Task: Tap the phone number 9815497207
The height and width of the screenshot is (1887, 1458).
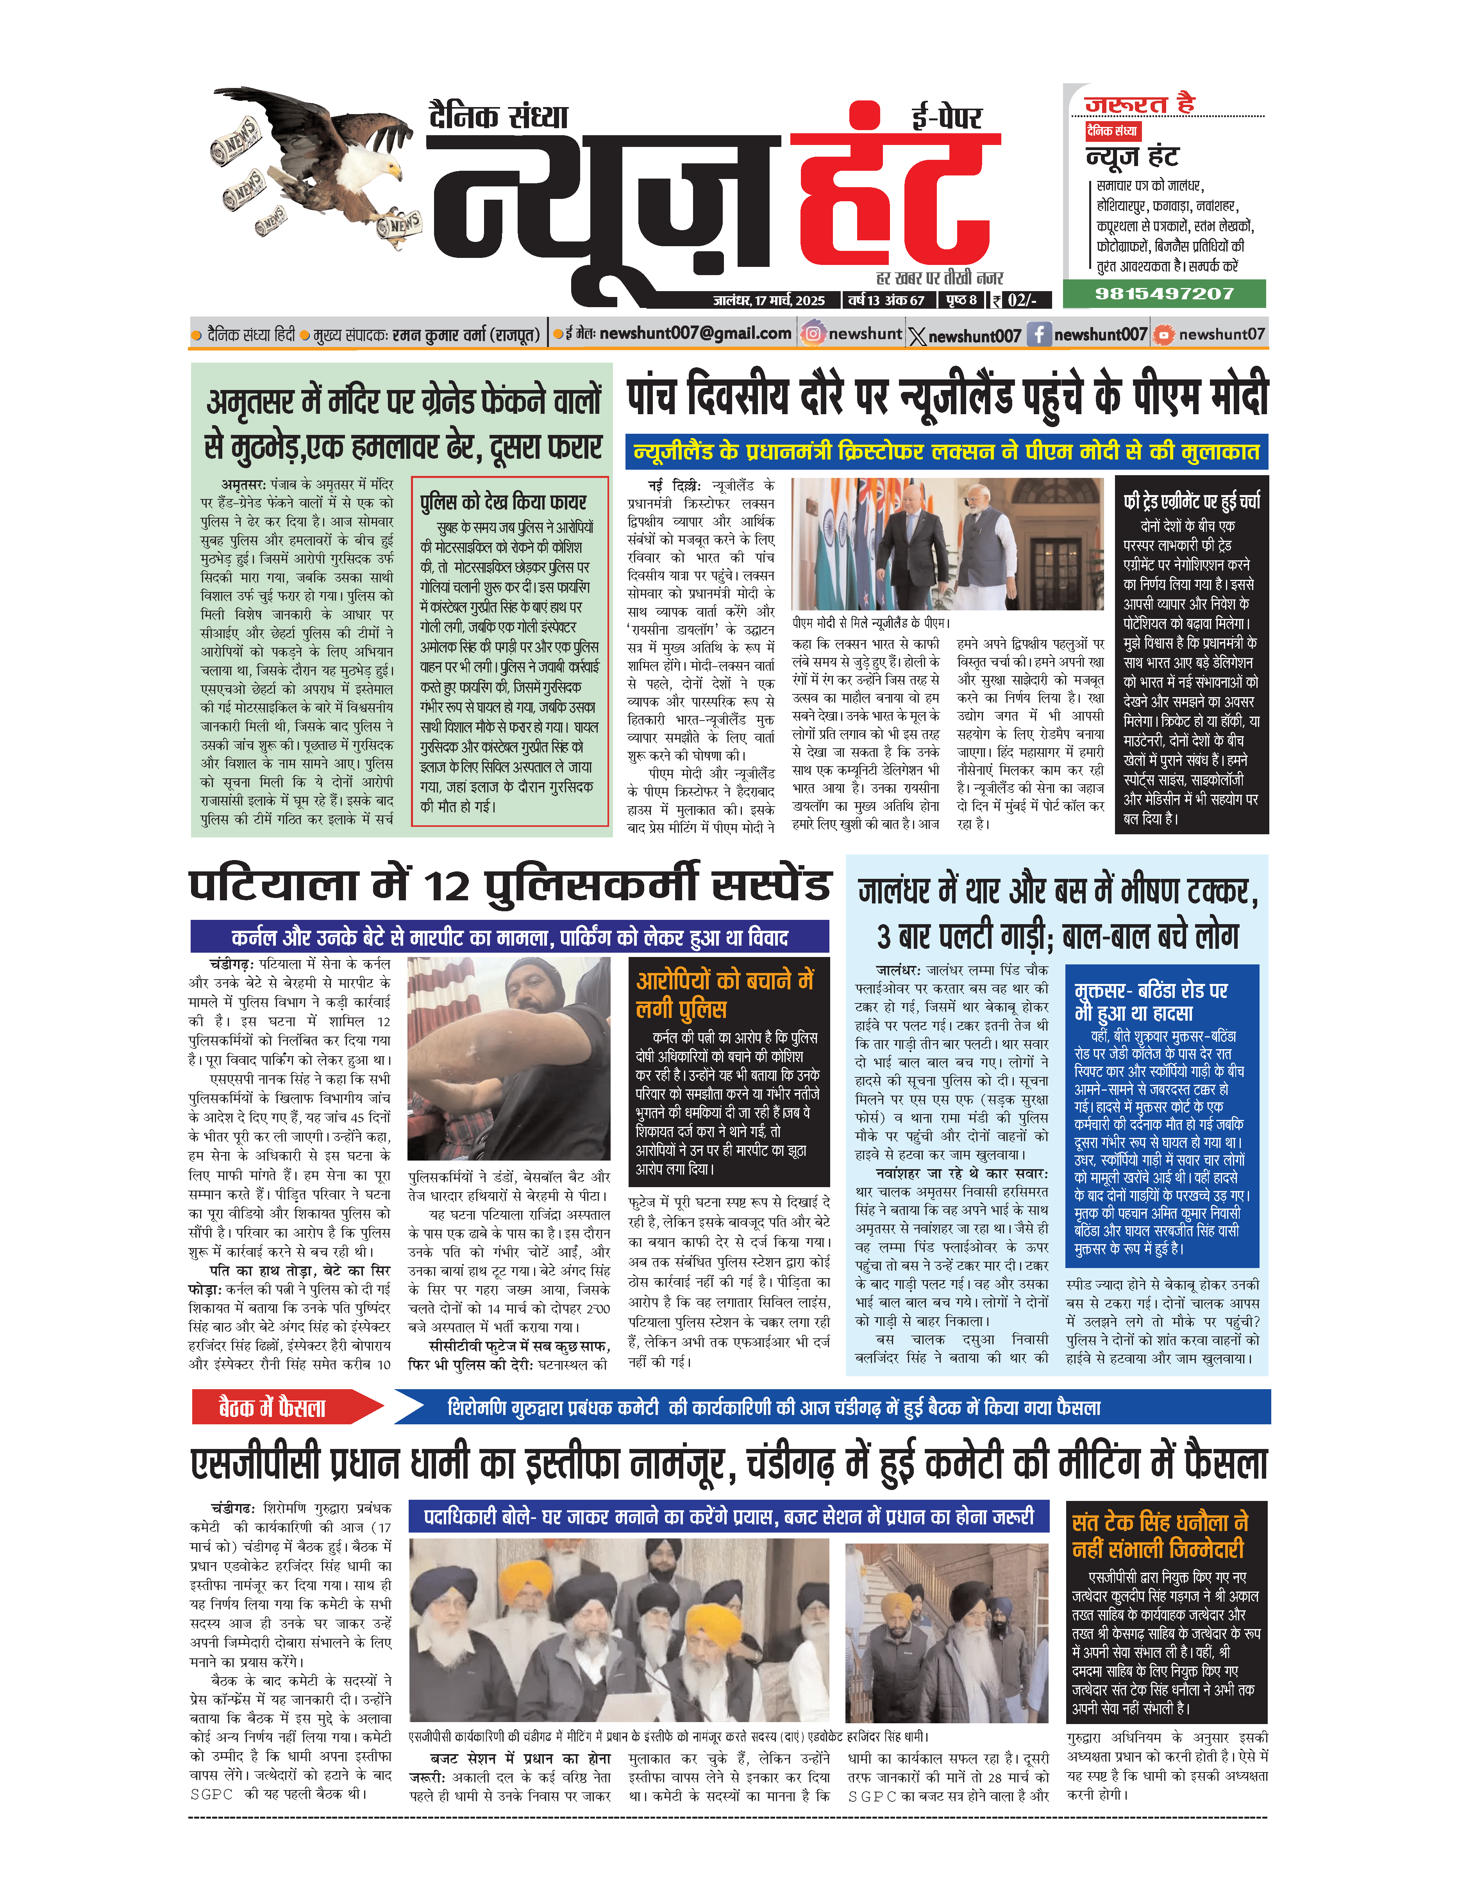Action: tap(1163, 294)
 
